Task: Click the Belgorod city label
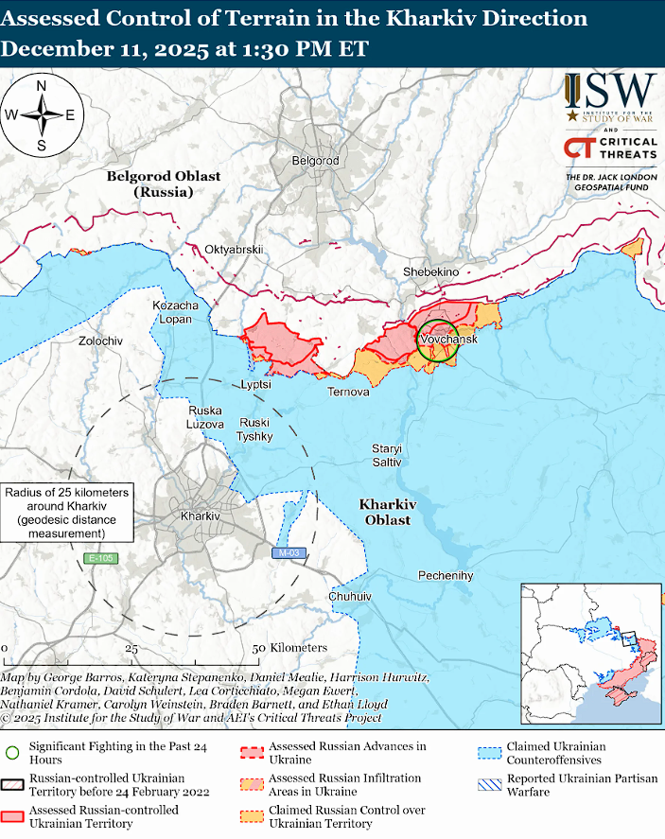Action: pos(315,161)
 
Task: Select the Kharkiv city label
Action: pos(200,516)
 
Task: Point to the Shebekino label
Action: pos(430,271)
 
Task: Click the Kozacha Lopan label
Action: pos(176,313)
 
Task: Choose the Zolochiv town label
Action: pos(100,341)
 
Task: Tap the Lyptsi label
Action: pos(255,385)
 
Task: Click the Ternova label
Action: pos(348,392)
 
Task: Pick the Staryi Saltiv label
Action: pos(386,455)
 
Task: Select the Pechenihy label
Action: pos(446,575)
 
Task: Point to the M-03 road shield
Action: pos(288,552)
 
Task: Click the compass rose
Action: pos(42,115)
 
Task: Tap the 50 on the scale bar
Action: pos(257,648)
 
